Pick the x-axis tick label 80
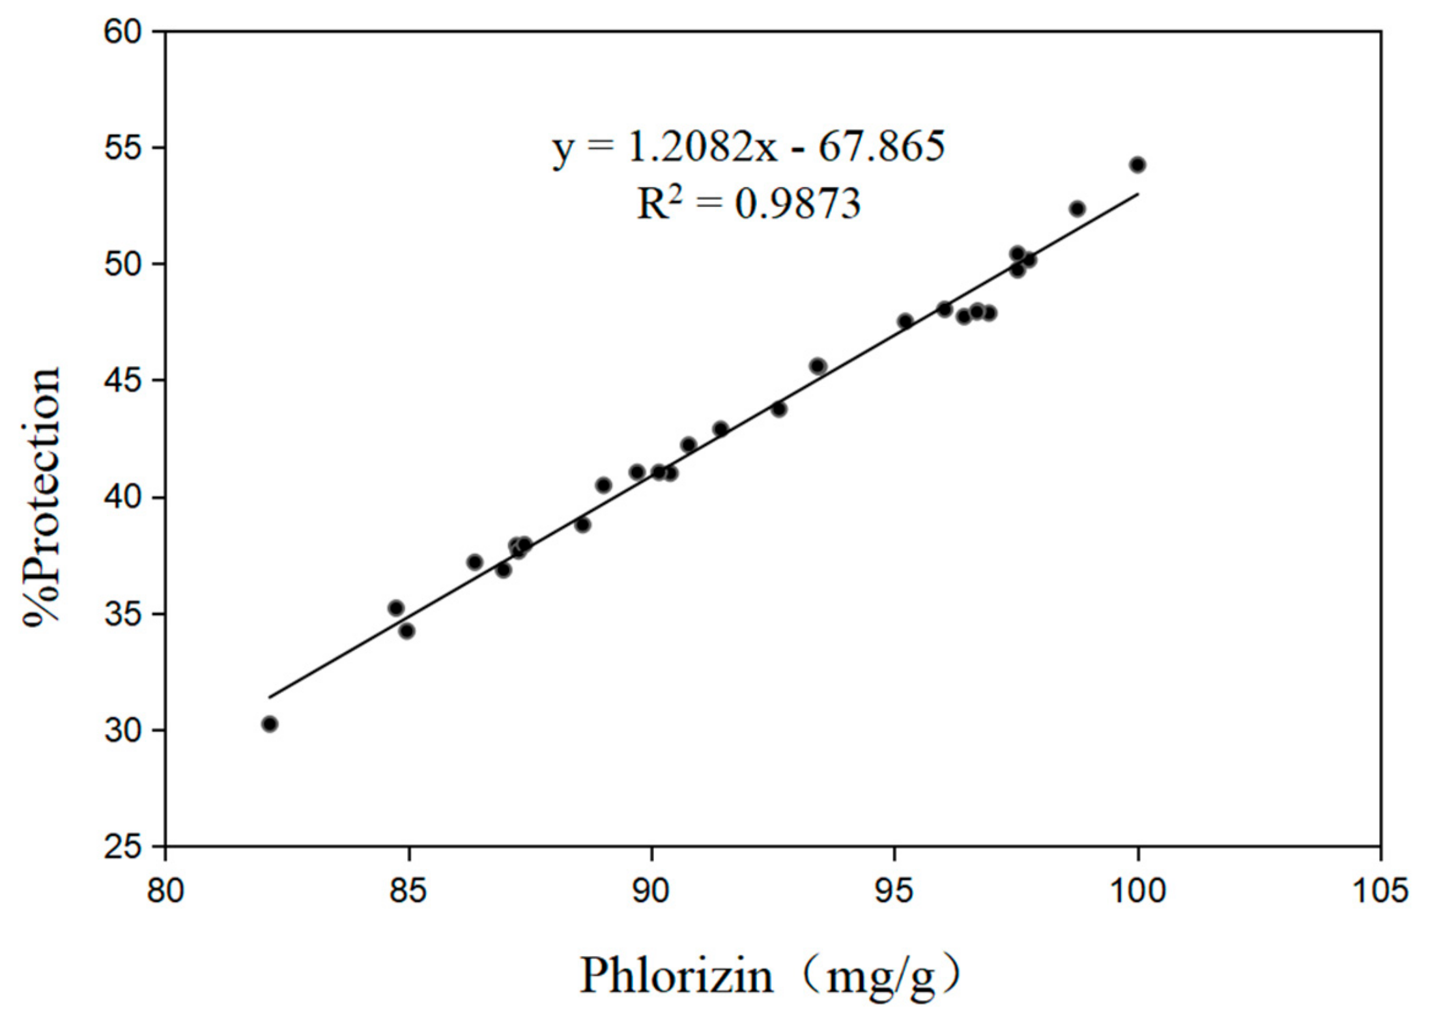pos(165,890)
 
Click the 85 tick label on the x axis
pos(408,890)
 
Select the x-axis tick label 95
pos(894,890)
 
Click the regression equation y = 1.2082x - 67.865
pos(749,147)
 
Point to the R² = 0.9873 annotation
pos(749,203)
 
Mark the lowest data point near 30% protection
pos(270,724)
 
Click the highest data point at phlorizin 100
pos(1137,165)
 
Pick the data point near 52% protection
pos(1077,208)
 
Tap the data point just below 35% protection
pos(407,631)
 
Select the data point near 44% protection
pos(779,409)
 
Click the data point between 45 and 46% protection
pos(818,366)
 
